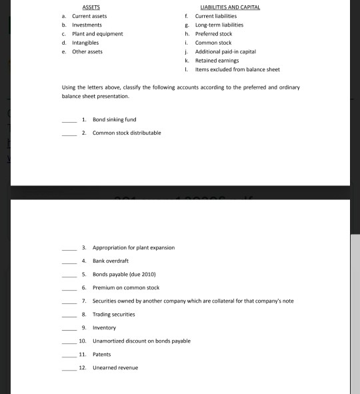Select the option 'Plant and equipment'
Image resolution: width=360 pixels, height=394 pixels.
click(x=97, y=33)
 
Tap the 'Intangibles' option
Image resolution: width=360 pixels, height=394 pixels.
click(x=86, y=42)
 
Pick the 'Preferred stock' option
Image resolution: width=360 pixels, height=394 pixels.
click(x=213, y=33)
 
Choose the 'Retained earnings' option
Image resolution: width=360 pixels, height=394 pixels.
click(x=216, y=60)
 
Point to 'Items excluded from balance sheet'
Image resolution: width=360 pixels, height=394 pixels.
click(x=237, y=69)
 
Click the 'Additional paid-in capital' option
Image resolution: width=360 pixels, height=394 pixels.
click(x=225, y=51)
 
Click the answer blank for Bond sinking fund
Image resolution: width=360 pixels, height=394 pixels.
click(x=69, y=120)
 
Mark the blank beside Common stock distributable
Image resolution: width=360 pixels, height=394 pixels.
click(x=69, y=133)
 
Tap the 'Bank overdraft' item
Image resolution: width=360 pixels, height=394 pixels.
click(x=110, y=261)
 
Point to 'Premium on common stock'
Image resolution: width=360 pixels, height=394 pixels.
click(x=121, y=287)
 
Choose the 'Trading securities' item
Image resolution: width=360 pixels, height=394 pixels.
click(x=113, y=314)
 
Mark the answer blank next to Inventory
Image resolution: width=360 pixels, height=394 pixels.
click(x=69, y=328)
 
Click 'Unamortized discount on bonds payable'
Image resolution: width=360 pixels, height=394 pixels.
click(x=141, y=341)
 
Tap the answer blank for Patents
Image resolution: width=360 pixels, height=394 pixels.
click(x=69, y=355)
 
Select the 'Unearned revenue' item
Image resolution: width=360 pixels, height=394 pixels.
click(x=115, y=367)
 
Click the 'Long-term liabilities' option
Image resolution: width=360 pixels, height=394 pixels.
click(x=219, y=25)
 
